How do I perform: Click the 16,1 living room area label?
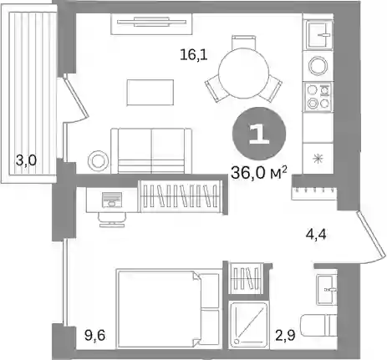pos(194,54)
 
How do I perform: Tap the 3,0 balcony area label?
pos(26,160)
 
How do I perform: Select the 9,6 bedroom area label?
pos(95,336)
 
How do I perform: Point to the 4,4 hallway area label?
pos(316,235)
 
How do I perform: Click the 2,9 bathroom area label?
pos(285,336)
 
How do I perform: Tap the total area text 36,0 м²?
pos(259,173)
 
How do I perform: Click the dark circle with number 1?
pos(259,134)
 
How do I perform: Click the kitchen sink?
pos(319,35)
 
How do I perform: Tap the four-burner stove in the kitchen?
pos(318,96)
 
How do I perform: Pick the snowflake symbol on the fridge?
pos(318,159)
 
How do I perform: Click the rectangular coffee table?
pos(150,93)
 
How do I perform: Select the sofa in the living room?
pos(151,151)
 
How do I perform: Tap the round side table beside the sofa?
pos(98,160)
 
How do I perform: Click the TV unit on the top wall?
pos(151,24)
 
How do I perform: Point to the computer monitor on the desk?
pos(112,200)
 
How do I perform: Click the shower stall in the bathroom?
pos(248,324)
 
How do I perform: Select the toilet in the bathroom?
pos(318,325)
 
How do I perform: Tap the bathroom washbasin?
pos(327,290)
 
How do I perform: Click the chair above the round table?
pos(243,42)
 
